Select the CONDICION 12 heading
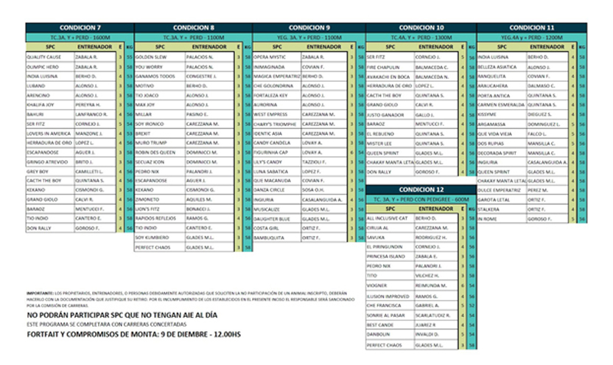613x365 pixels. (421, 190)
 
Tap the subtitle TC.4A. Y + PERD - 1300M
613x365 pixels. (421, 37)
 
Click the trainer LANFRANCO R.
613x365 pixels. (91, 114)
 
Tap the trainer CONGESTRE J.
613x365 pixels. (201, 75)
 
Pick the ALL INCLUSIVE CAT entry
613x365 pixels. (387, 219)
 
